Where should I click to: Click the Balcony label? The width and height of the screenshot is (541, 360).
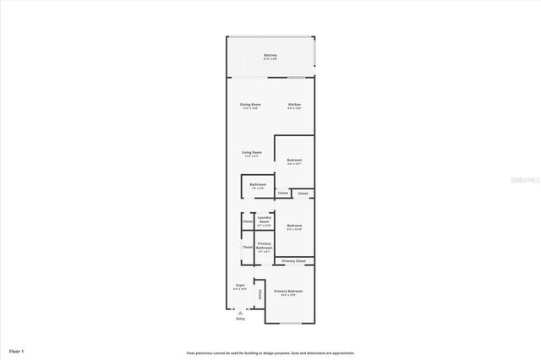[270, 56]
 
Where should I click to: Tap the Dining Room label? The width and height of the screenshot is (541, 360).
[250, 105]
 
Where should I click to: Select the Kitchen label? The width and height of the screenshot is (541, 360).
[294, 105]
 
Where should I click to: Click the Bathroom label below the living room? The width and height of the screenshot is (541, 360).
[258, 185]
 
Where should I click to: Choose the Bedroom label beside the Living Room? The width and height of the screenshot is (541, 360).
[294, 161]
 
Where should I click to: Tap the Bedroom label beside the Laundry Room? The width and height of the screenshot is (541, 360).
[294, 226]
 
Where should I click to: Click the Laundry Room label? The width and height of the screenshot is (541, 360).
[264, 221]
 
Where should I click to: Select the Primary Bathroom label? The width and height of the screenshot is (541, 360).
[264, 248]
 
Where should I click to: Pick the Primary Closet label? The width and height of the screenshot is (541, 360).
[294, 261]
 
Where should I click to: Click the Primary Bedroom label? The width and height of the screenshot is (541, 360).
[288, 292]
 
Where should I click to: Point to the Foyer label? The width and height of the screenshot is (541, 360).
[240, 286]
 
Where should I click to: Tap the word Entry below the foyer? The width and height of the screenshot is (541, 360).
[240, 319]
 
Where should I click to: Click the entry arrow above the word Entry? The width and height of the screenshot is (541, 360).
[240, 312]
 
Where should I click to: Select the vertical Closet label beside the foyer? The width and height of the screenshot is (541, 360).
[260, 294]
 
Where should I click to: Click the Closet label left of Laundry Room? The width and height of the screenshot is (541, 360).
[248, 221]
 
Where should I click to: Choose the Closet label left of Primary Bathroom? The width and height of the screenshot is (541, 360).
[248, 248]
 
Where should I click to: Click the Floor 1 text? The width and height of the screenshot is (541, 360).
[17, 350]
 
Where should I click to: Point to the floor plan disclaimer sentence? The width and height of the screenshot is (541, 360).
[270, 353]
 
